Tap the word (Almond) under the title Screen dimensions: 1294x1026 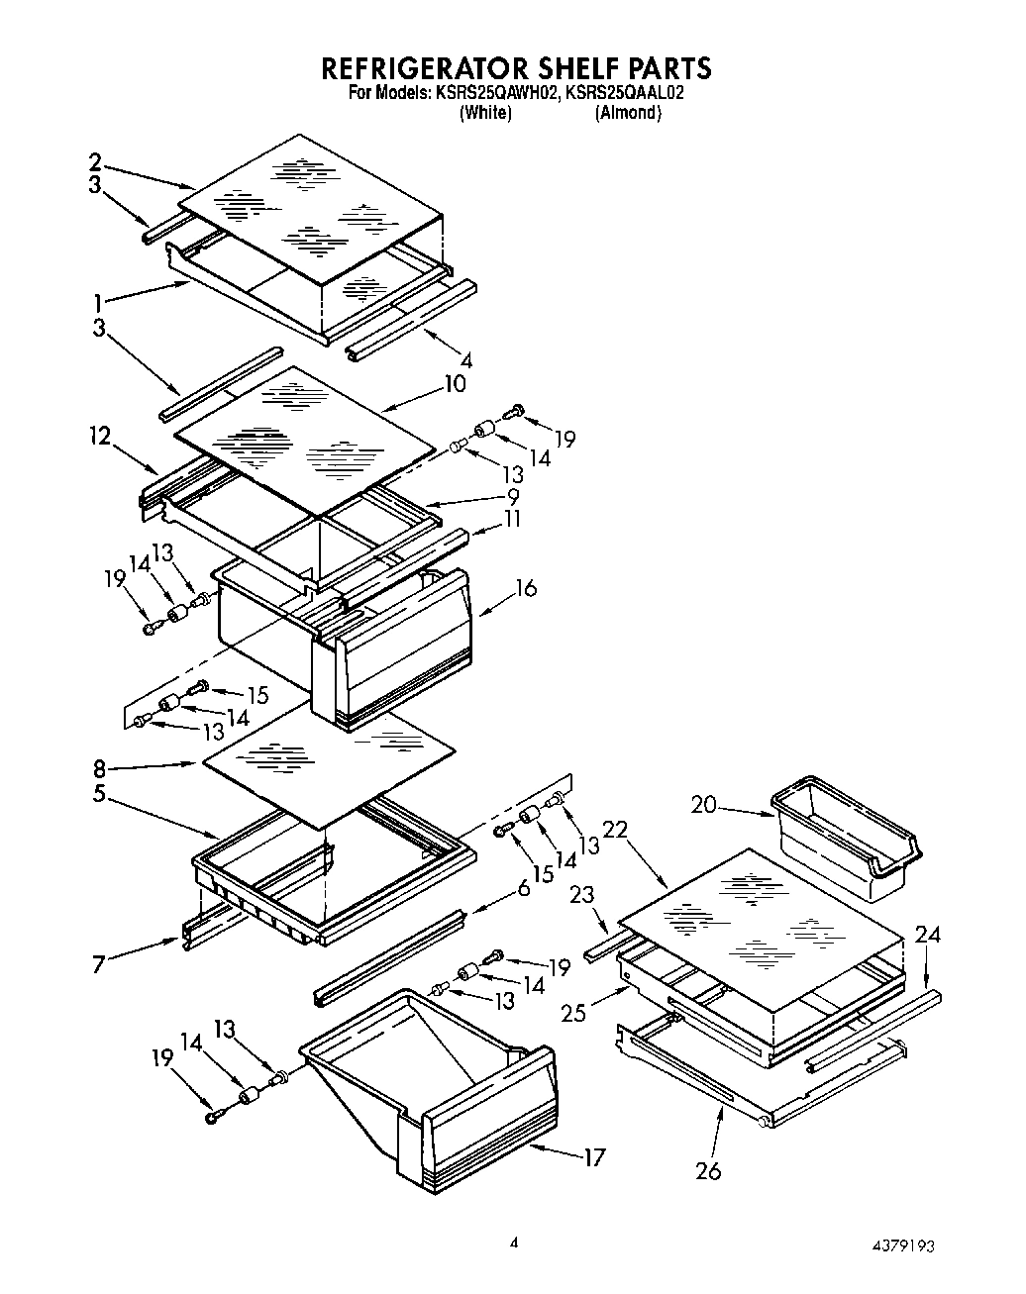point(628,112)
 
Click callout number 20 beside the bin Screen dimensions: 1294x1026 point(703,805)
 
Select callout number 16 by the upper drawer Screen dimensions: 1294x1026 point(525,588)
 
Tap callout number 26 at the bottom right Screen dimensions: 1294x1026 point(708,1170)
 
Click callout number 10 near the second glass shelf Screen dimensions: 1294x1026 point(454,383)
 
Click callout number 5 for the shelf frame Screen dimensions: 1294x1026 point(100,793)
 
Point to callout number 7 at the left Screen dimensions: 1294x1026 point(99,963)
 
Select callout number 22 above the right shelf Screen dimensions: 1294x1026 point(615,832)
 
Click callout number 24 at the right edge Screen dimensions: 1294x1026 point(928,934)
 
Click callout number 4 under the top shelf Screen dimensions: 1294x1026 point(465,360)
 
